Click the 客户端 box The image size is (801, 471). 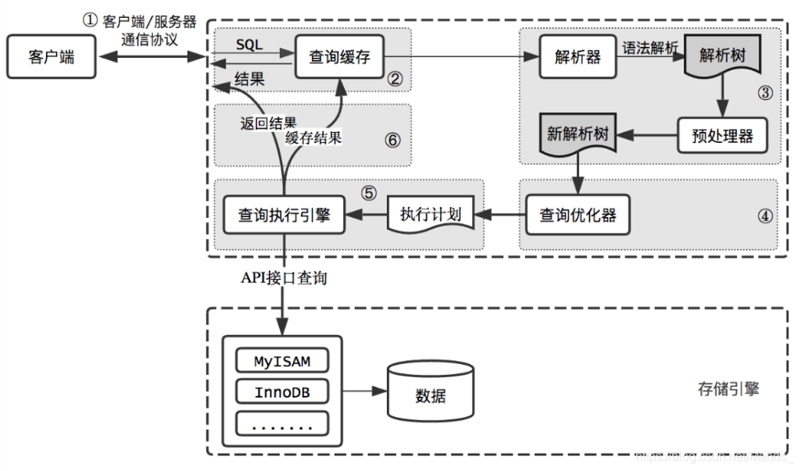click(x=51, y=57)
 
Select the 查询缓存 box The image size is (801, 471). click(x=340, y=57)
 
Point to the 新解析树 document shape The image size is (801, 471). click(x=578, y=134)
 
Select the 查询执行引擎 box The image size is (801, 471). click(x=284, y=215)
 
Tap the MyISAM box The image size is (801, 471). click(x=282, y=361)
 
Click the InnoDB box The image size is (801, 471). click(x=282, y=392)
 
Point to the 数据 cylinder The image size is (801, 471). click(x=431, y=394)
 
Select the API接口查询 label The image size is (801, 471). click(x=284, y=279)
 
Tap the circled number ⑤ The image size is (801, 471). click(x=368, y=192)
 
